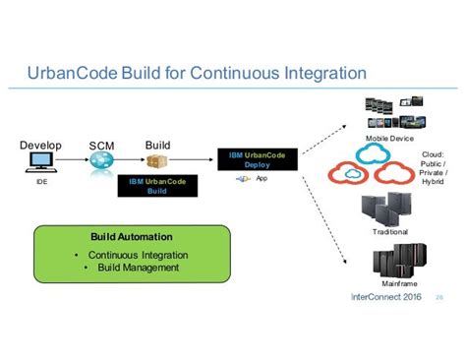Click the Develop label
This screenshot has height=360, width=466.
(40, 146)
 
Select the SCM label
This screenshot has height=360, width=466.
(101, 147)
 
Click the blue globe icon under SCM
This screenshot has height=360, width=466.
(101, 166)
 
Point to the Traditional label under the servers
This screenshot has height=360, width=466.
(389, 231)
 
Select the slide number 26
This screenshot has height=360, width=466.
(438, 297)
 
